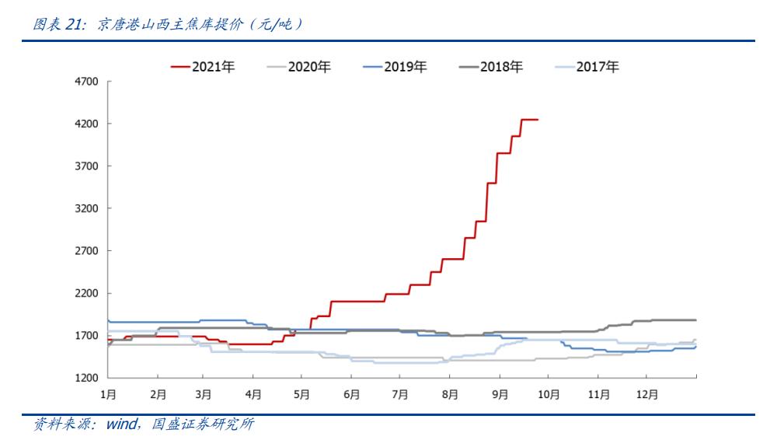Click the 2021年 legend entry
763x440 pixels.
pyautogui.click(x=203, y=67)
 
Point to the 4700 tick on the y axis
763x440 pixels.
pyautogui.click(x=85, y=82)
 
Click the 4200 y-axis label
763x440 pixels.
pyautogui.click(x=85, y=124)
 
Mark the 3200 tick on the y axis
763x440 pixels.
pyautogui.click(x=85, y=209)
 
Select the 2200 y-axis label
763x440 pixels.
pyautogui.click(x=85, y=294)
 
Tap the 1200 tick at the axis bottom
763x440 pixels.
pyautogui.click(x=85, y=379)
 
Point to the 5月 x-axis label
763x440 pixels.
pyautogui.click(x=302, y=394)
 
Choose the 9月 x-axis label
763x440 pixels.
pyautogui.click(x=500, y=394)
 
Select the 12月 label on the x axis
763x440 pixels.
pyautogui.click(x=647, y=394)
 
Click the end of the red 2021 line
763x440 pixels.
pyautogui.click(x=538, y=120)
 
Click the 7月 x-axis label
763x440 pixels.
pyautogui.click(x=400, y=394)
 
